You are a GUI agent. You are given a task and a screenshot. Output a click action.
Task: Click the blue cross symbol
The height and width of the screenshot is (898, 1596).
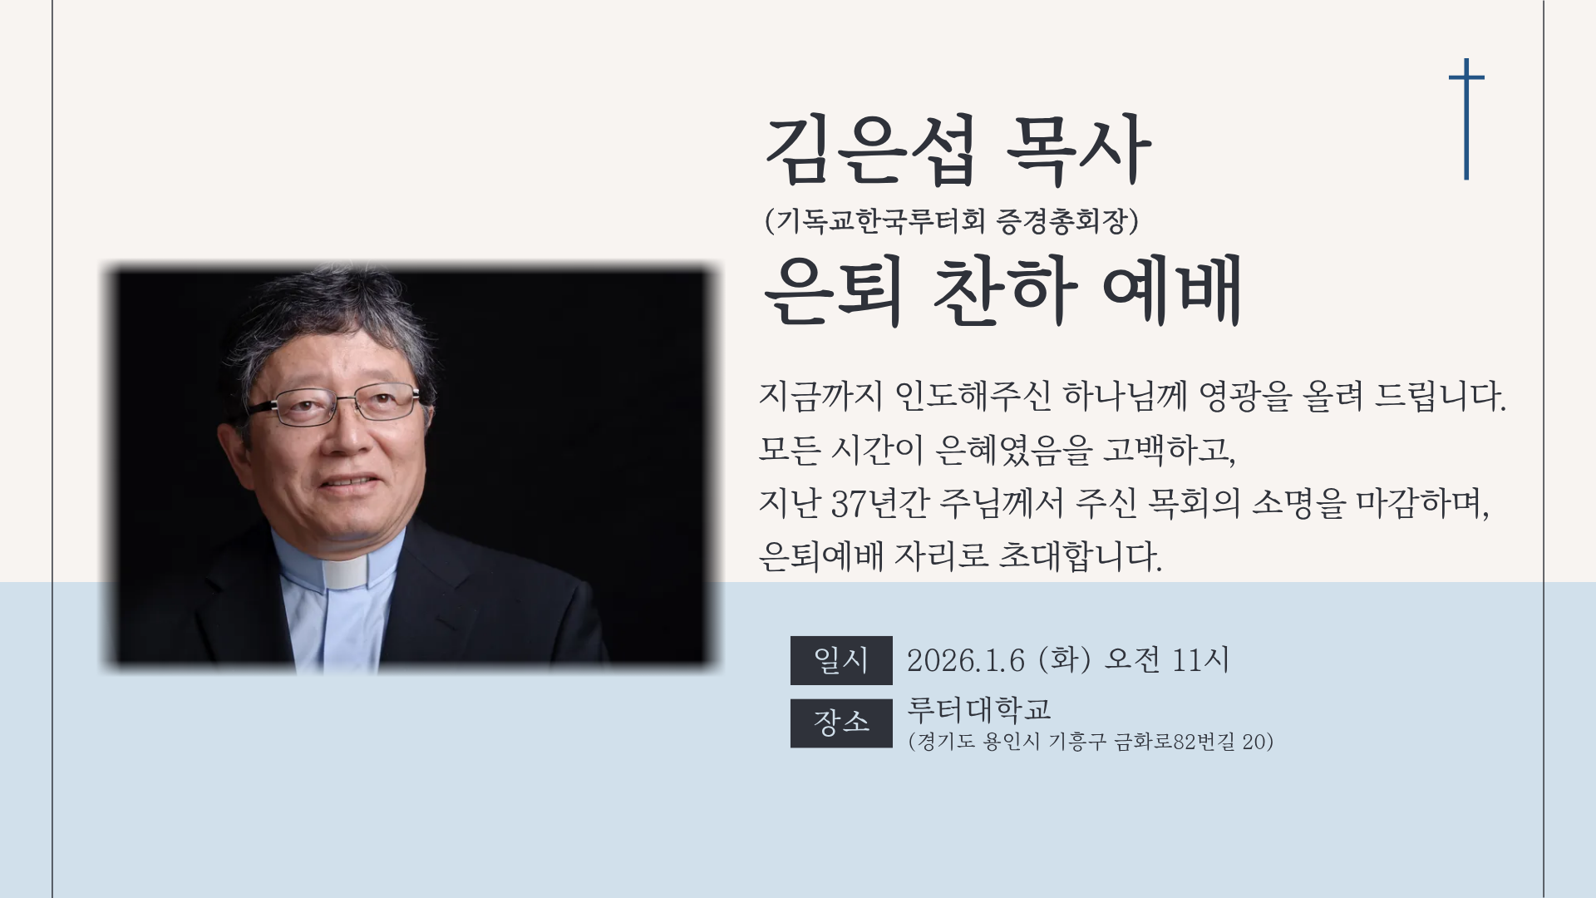click(1466, 119)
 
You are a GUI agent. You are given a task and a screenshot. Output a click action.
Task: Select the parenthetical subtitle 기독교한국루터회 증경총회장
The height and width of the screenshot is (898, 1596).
click(952, 221)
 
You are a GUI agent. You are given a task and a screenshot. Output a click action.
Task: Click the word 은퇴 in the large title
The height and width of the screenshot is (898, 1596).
click(833, 290)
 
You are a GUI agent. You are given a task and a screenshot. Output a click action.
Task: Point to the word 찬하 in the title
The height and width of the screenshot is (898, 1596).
click(1005, 290)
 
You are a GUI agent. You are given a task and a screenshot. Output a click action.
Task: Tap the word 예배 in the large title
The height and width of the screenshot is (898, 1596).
click(1172, 290)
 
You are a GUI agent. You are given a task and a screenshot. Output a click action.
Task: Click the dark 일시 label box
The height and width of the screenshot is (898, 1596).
click(841, 660)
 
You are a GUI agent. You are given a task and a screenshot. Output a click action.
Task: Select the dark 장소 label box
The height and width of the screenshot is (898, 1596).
click(841, 723)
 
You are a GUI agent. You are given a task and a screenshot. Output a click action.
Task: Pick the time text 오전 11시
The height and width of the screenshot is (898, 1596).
click(1166, 660)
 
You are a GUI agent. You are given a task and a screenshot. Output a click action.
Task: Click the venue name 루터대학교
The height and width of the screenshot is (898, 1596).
click(979, 709)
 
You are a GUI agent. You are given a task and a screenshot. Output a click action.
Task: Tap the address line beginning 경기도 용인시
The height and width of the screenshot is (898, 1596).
click(1091, 742)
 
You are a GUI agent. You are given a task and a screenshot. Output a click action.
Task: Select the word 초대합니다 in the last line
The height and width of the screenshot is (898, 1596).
click(1079, 555)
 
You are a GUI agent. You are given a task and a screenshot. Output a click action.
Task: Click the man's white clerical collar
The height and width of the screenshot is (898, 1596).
click(344, 573)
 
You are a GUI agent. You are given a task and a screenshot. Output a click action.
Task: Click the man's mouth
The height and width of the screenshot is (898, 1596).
click(350, 481)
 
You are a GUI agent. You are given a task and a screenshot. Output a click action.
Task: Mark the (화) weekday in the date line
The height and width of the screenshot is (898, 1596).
click(1064, 660)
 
